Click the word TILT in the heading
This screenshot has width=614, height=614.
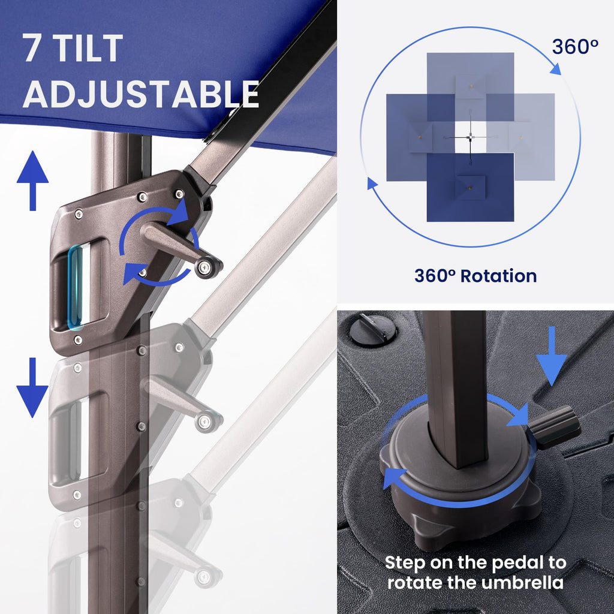tap(88, 48)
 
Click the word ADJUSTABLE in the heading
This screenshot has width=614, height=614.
tap(141, 94)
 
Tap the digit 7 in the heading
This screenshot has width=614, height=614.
tap(33, 48)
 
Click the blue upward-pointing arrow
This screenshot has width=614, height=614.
tap(32, 180)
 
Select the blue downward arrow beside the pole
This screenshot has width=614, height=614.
tap(32, 388)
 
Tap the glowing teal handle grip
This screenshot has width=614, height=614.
tap(75, 287)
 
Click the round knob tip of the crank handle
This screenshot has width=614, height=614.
tap(207, 267)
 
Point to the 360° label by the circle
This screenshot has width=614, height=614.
tap(575, 47)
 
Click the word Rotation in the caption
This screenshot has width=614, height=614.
tap(498, 276)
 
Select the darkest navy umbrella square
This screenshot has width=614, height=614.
tap(470, 187)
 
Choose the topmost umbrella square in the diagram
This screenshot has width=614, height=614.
tap(470, 86)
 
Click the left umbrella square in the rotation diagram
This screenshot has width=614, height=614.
tap(420, 137)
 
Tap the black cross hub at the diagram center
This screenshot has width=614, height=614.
tap(470, 137)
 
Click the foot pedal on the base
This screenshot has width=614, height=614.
tap(554, 427)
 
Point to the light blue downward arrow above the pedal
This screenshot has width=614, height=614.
tap(552, 356)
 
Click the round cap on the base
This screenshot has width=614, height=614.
tap(373, 329)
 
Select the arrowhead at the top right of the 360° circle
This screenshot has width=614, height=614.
tap(556, 69)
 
